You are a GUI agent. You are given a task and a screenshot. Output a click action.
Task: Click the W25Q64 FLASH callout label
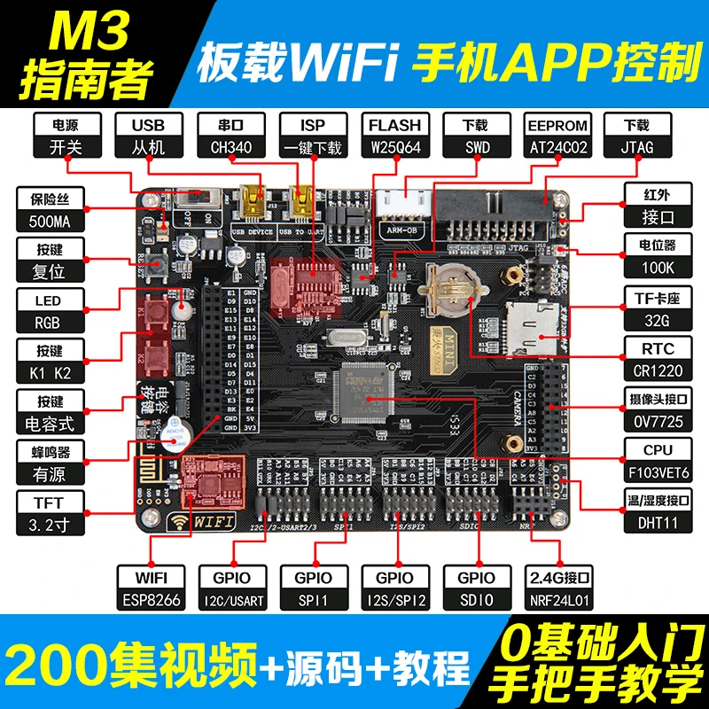pyautogui.click(x=394, y=136)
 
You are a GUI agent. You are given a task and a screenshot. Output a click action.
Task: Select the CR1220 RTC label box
pyautogui.click(x=657, y=358)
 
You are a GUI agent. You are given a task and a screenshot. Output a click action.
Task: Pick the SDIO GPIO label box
pyautogui.click(x=476, y=589)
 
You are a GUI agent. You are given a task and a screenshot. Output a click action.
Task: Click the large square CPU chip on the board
pyautogui.click(x=362, y=393)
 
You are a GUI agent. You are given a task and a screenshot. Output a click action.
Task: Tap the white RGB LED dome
pyautogui.click(x=182, y=309)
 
